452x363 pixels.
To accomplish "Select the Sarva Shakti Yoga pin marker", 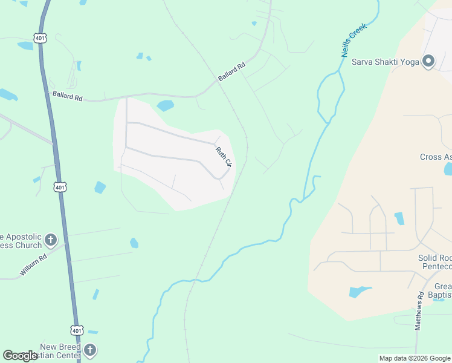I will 429,62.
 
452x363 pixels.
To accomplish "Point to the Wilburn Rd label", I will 33,265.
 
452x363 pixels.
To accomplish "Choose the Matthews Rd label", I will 419,310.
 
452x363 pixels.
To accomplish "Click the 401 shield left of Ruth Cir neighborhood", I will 59,188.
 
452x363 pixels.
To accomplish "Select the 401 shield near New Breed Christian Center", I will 77,331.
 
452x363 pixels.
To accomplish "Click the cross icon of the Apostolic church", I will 51,240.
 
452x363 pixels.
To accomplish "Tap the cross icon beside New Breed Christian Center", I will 89,350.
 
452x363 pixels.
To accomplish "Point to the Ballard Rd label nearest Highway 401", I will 67,96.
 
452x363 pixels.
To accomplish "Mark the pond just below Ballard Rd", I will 165,106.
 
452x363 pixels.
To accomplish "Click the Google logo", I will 20,356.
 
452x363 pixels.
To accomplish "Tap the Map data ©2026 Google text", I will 414,358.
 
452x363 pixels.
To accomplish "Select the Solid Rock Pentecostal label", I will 434,262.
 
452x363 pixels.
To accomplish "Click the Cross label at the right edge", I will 436,157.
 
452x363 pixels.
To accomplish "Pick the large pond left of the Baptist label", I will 360,292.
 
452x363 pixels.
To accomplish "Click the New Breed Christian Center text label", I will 60,351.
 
